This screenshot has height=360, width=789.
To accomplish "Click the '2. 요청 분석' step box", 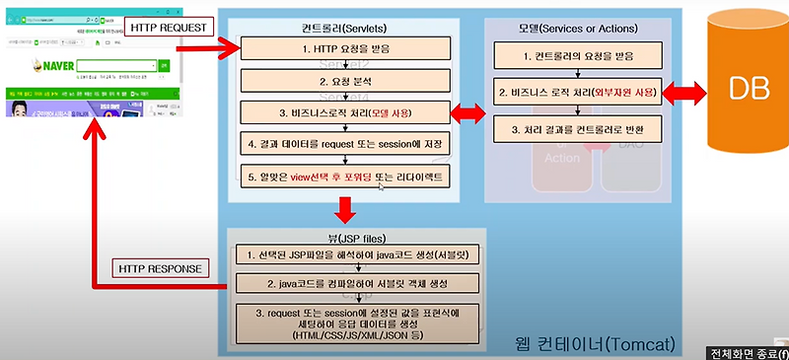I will point(344,79).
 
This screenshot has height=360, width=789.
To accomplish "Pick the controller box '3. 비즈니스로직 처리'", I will point(344,111).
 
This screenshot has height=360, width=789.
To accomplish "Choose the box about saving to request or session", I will point(344,144).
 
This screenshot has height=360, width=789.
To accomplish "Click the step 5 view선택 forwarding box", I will point(344,177).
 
